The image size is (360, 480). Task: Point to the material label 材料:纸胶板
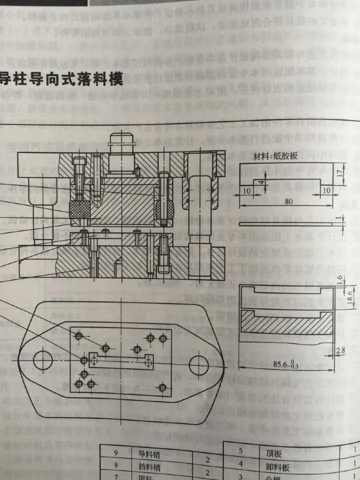coord(275,155)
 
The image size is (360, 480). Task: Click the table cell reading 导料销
coord(147,454)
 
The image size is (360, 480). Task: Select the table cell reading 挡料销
coord(147,465)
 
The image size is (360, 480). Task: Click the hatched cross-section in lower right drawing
coord(285,324)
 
